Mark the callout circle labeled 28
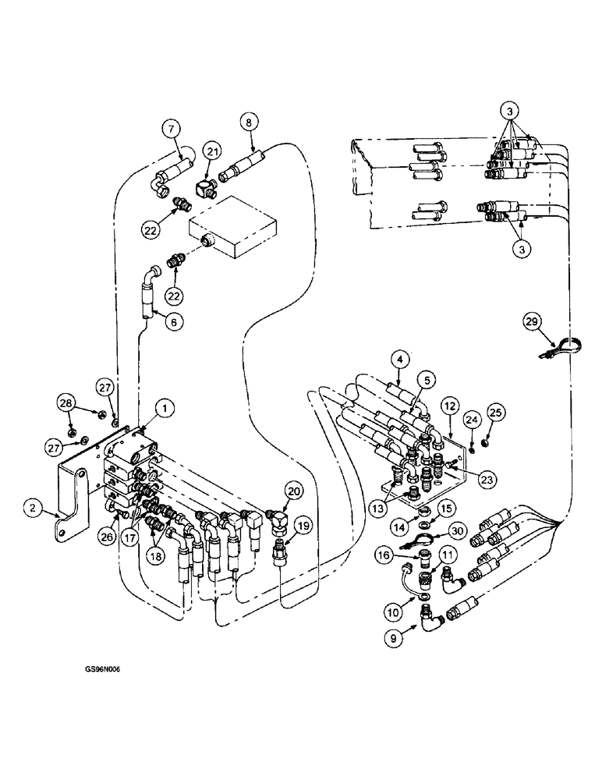[x=66, y=402]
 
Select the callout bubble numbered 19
[x=304, y=525]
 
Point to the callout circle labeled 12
[x=450, y=406]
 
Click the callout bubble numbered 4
[x=401, y=361]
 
